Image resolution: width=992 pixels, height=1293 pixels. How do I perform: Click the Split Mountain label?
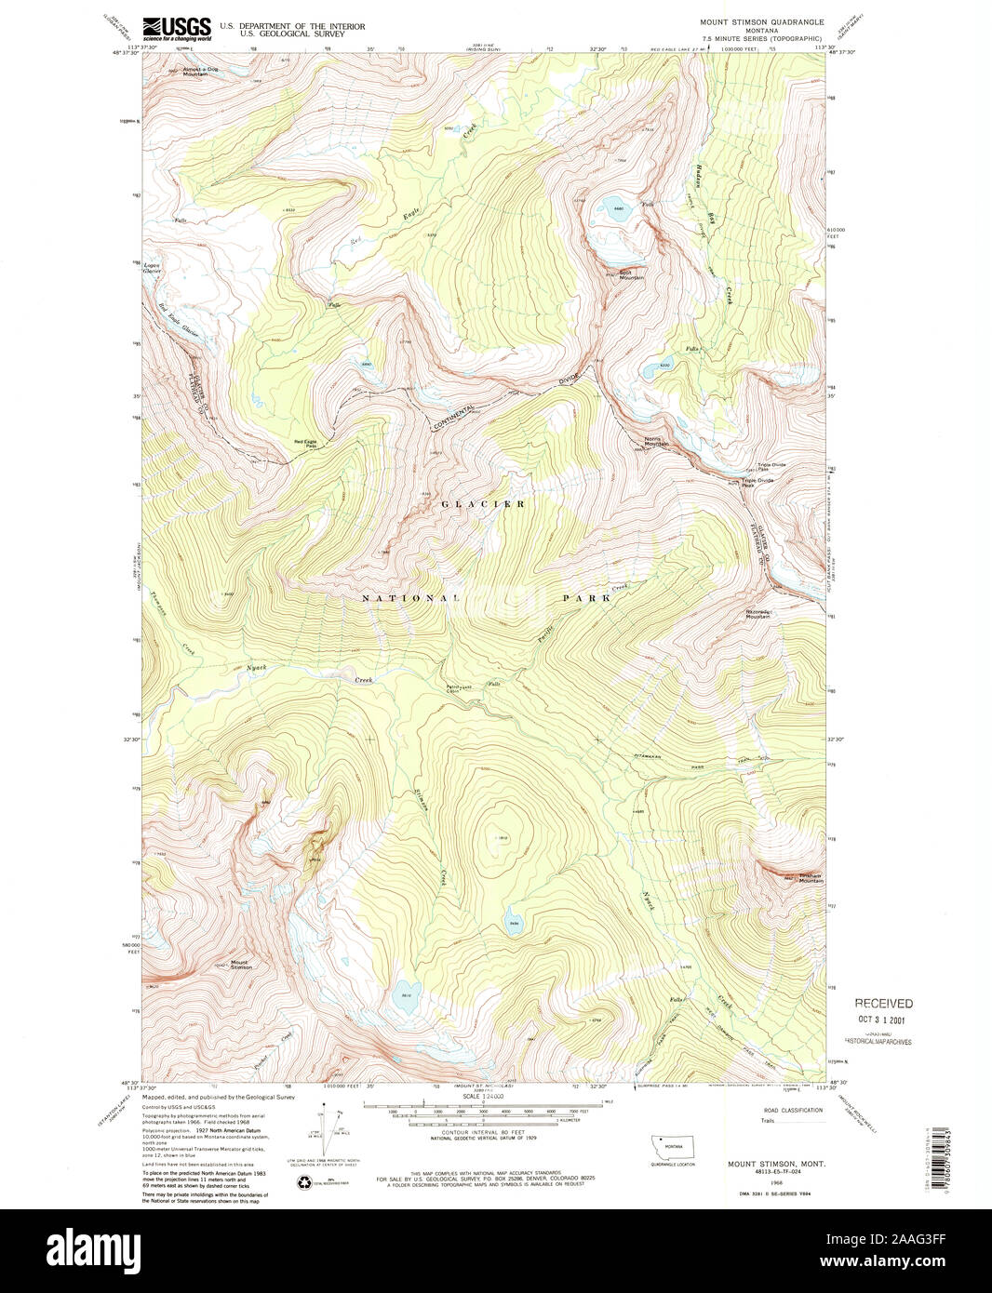pyautogui.click(x=633, y=275)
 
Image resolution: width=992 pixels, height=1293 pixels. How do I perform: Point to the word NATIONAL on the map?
pyautogui.click(x=409, y=598)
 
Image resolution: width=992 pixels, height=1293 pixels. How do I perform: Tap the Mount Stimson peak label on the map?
pyautogui.click(x=241, y=965)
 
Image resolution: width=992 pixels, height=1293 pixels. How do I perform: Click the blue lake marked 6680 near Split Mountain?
pyautogui.click(x=615, y=207)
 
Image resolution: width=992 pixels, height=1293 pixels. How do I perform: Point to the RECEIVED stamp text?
pyautogui.click(x=884, y=1004)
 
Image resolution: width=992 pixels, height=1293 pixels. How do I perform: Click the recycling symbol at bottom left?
pyautogui.click(x=304, y=1183)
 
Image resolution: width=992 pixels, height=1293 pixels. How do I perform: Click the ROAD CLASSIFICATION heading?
pyautogui.click(x=791, y=1111)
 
